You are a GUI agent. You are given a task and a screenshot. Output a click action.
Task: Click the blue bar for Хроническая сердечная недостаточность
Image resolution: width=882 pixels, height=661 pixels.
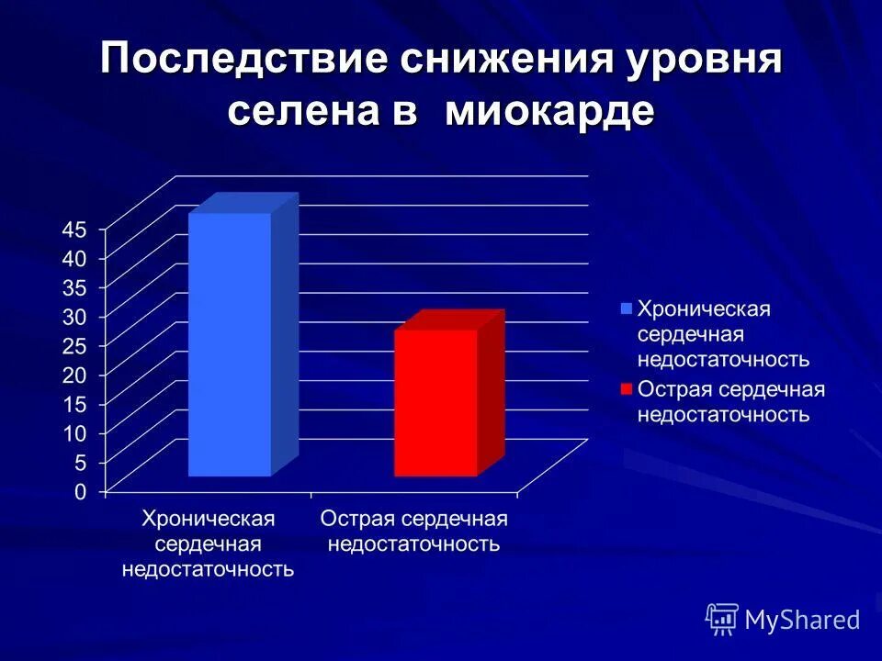pos(230,344)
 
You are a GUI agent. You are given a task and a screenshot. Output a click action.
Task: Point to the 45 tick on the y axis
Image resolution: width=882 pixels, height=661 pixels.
pos(73,229)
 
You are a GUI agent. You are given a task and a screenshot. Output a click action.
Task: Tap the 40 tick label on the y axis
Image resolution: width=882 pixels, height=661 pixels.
pos(73,258)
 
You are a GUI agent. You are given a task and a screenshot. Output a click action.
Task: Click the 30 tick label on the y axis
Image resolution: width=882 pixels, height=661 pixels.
pos(73,316)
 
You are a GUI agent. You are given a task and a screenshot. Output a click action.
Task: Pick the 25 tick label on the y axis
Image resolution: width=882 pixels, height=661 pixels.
pos(73,345)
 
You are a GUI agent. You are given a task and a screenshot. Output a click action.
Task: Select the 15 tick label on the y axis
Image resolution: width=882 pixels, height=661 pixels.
pos(73,403)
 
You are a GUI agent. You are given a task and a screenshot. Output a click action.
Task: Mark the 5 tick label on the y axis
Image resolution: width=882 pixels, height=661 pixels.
pos(80,462)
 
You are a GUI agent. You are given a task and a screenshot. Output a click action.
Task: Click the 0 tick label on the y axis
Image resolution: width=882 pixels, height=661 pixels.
pos(80,491)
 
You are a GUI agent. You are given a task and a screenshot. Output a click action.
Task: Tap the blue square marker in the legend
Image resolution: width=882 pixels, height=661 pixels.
pos(627,308)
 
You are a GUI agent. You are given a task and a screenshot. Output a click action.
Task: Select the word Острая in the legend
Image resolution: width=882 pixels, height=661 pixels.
pos(669,388)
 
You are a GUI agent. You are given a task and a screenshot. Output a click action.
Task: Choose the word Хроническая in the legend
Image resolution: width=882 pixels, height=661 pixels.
pos(704,308)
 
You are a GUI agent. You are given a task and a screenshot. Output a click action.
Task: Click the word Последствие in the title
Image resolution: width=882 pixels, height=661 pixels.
pos(243,62)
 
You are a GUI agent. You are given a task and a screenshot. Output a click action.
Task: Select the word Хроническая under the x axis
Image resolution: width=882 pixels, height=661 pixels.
pos(209,519)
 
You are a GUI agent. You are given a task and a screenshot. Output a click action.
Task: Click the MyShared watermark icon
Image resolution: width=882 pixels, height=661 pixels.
pos(722,620)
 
